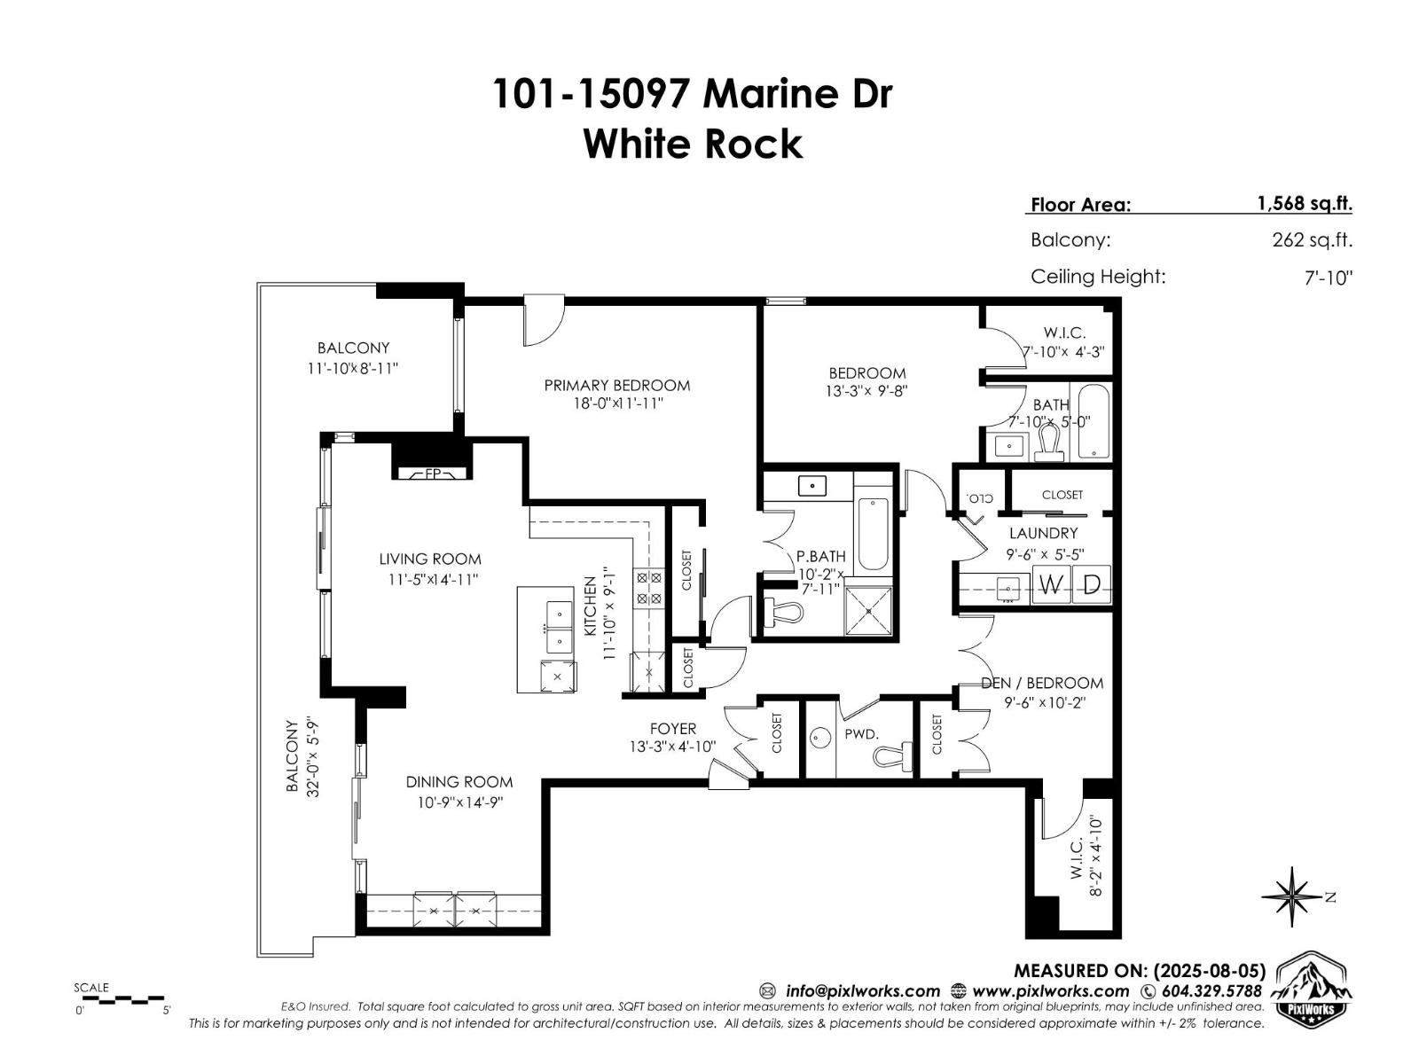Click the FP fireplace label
[433, 473]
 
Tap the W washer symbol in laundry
[1051, 585]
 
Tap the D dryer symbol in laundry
[1093, 585]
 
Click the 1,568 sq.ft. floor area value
[1304, 203]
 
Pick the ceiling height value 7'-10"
[1328, 278]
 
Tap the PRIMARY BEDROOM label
[616, 385]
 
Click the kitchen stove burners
[648, 588]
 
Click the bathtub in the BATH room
[1093, 421]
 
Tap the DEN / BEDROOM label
[1042, 683]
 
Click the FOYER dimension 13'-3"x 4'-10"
[672, 747]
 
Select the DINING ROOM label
[459, 781]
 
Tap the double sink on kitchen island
[558, 627]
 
